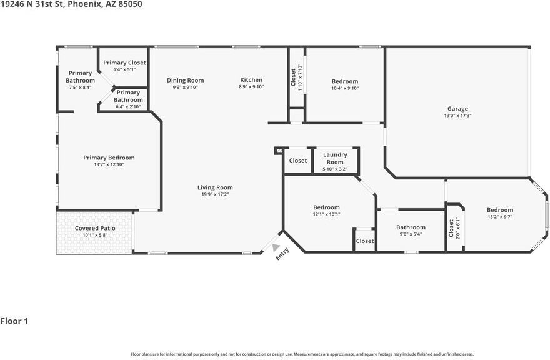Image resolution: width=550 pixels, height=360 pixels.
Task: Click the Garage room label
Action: pos(457,109)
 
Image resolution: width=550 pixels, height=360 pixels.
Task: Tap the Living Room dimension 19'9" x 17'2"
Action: pos(215,194)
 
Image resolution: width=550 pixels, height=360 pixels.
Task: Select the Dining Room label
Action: pos(185,81)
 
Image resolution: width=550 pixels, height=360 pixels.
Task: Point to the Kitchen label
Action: pos(251,79)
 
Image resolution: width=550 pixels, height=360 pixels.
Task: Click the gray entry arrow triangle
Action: pos(276,247)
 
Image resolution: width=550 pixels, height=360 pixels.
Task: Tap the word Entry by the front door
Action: pos(282,254)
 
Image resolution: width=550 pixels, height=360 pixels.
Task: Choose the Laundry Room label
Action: pos(335,158)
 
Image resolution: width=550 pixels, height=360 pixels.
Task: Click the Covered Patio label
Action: pos(95,228)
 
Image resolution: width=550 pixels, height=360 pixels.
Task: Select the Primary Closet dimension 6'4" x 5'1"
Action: pos(124,69)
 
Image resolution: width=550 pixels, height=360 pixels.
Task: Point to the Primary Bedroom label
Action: pos(109,157)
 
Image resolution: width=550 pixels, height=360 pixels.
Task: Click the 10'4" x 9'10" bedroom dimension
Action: pos(345,88)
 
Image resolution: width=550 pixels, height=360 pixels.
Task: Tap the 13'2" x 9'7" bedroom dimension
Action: pos(500,217)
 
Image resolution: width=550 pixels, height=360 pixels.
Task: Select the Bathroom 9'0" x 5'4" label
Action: pos(411,227)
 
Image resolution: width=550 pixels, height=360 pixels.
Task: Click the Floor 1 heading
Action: pos(14,321)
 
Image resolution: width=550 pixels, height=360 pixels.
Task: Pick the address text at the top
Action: pos(71,4)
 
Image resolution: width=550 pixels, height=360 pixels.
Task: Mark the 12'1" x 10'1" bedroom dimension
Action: pos(326,214)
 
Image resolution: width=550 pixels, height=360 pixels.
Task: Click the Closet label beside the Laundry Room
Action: pos(297,161)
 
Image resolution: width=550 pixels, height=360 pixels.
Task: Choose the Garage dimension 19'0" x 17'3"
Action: pos(457,116)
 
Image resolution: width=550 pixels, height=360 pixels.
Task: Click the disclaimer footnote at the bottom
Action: pos(302,354)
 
